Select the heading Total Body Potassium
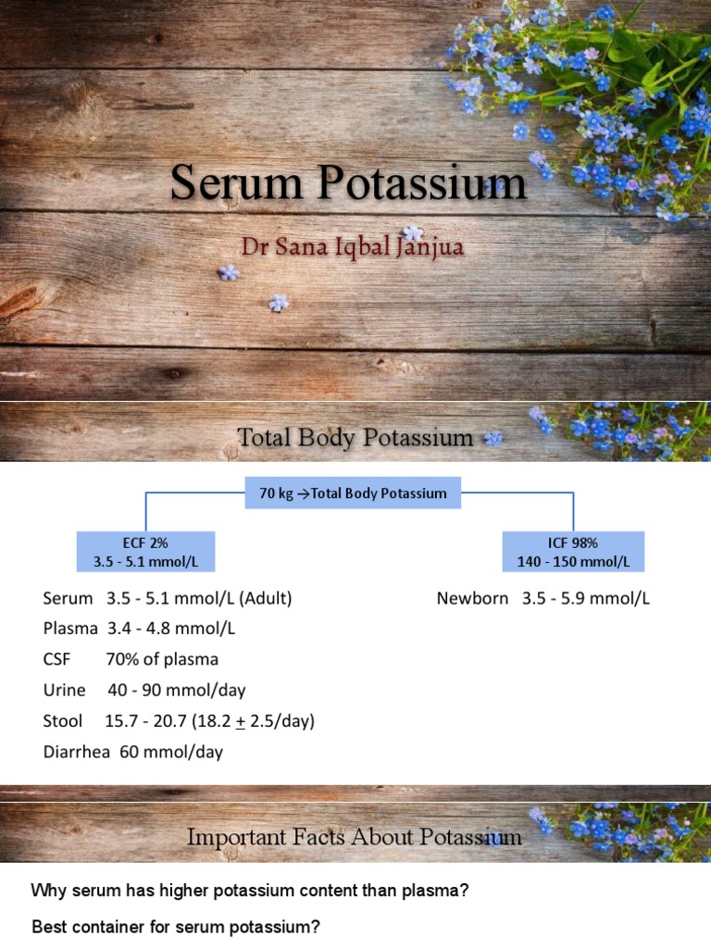tap(355, 437)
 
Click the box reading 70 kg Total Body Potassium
tap(346, 493)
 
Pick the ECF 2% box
tap(144, 552)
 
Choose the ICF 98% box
tap(573, 552)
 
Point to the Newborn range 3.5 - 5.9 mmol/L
tap(585, 598)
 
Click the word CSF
tap(58, 659)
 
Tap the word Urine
tap(64, 690)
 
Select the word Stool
tap(63, 720)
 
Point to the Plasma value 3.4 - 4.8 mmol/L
tap(171, 629)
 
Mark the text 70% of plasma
tap(162, 659)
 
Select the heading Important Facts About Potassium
tap(355, 838)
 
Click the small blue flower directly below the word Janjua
tap(413, 234)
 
